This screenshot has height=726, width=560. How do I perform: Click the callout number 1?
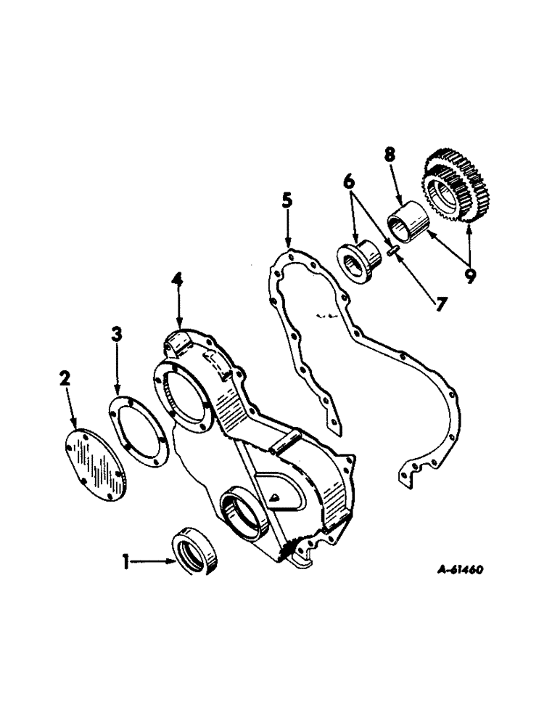(127, 561)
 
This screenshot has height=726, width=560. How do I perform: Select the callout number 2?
(65, 378)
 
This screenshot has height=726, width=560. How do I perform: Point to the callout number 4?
(176, 280)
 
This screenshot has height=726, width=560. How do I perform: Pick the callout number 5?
(287, 201)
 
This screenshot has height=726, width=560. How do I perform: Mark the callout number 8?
(390, 155)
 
